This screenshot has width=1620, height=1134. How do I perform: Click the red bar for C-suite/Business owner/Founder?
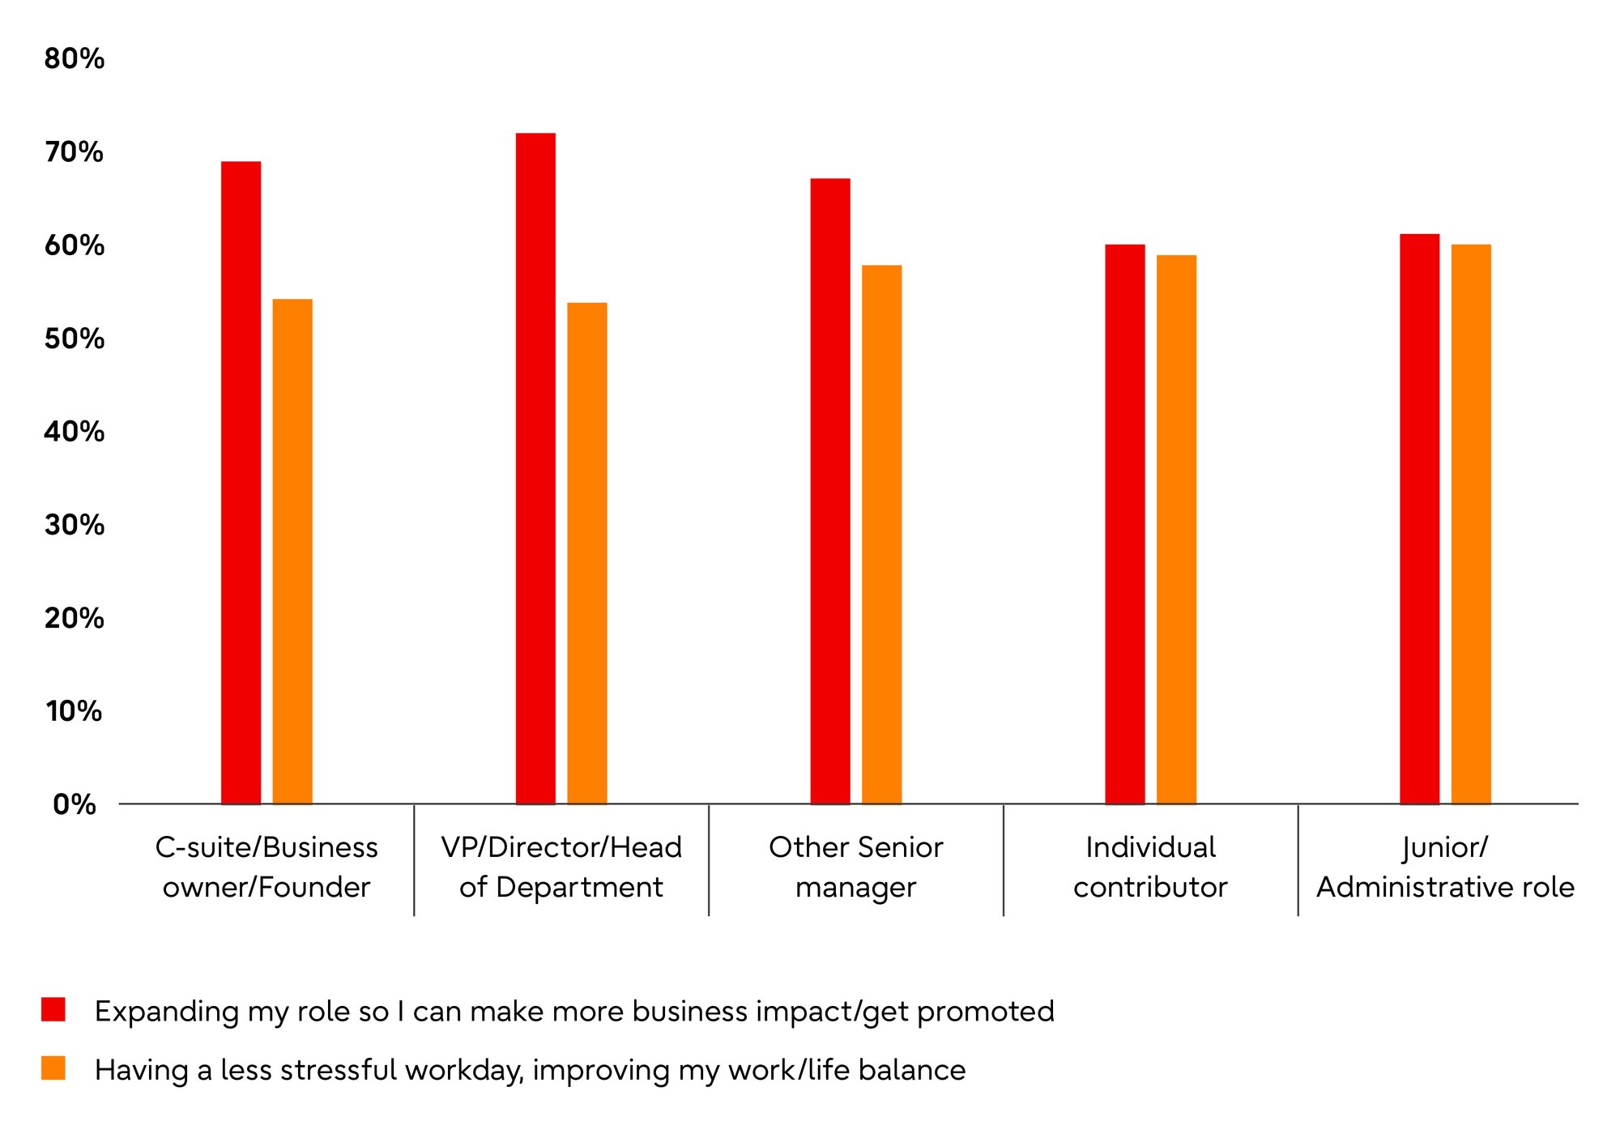click(x=241, y=483)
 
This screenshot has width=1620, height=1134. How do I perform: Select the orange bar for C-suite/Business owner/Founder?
click(x=292, y=552)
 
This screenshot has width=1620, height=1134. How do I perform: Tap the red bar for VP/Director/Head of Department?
click(x=536, y=468)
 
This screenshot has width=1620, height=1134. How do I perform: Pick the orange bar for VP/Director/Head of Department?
click(x=587, y=553)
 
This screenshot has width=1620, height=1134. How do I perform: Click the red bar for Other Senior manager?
click(x=830, y=491)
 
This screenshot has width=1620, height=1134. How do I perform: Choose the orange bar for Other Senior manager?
click(x=882, y=535)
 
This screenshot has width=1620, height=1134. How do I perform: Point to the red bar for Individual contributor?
click(x=1125, y=524)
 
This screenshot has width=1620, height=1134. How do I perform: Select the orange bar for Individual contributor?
click(x=1177, y=530)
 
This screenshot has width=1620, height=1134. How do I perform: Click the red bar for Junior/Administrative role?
click(x=1420, y=519)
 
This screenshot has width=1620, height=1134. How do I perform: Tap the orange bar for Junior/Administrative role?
click(x=1471, y=524)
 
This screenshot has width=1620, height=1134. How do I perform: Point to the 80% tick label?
click(x=75, y=58)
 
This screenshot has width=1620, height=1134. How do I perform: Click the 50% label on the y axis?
click(x=75, y=339)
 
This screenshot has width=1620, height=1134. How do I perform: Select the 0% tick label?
click(x=75, y=804)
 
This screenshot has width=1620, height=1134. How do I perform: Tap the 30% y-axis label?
click(x=75, y=525)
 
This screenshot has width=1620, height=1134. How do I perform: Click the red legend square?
click(x=53, y=1009)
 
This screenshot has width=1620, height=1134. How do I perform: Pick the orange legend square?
click(x=53, y=1068)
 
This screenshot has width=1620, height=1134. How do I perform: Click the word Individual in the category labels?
click(x=1151, y=847)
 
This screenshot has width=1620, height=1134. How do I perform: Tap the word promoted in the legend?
click(x=986, y=1013)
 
